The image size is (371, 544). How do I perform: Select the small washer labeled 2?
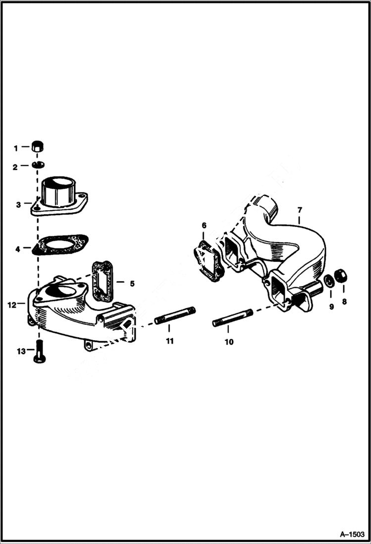tap(37, 165)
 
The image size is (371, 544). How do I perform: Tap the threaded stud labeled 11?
tap(175, 316)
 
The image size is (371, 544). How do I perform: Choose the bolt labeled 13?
tap(39, 353)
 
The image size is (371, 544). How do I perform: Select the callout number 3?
tap(18, 204)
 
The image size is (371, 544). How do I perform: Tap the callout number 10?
tap(229, 342)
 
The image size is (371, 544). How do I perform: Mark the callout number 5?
tap(132, 284)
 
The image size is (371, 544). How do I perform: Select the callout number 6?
tap(204, 226)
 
